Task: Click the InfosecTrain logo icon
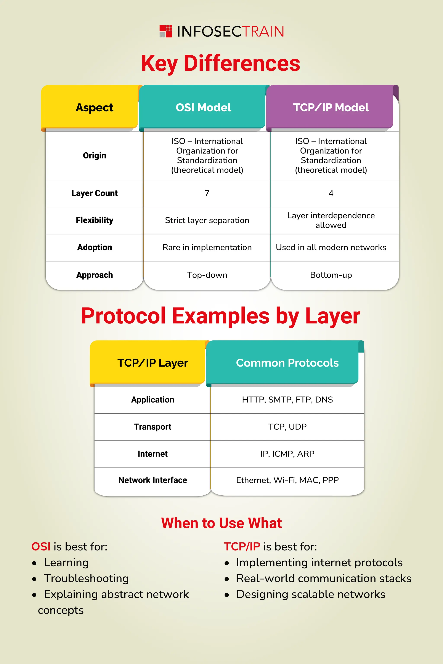[165, 31]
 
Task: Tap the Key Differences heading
[220, 63]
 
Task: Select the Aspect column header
[94, 108]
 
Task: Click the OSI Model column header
[203, 108]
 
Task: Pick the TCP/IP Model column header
[331, 108]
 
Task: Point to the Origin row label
[94, 156]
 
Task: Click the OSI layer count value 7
[207, 193]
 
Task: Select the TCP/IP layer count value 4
[331, 193]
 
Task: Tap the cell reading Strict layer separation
[207, 220]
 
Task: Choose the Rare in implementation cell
[207, 247]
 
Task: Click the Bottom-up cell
[331, 275]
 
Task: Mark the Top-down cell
[207, 275]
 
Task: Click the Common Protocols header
[287, 363]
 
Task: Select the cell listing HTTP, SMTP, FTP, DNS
[287, 400]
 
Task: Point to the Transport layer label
[152, 427]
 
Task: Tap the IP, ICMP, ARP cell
[287, 454]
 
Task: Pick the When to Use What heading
[221, 523]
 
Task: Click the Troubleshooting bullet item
[86, 578]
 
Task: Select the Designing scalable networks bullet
[310, 594]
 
